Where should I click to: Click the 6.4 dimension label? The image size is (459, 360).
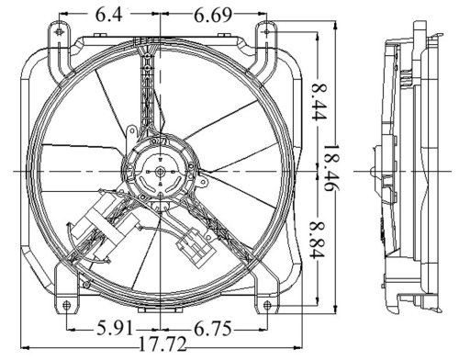(109, 15)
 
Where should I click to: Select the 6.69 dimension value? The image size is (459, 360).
(213, 15)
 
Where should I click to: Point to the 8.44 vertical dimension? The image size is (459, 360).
(319, 101)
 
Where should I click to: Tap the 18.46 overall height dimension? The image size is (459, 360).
(332, 167)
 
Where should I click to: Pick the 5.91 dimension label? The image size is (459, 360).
(116, 329)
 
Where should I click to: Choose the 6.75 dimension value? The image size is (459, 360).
(212, 329)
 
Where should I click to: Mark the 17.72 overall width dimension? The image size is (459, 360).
(162, 344)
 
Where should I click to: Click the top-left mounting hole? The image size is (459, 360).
(59, 31)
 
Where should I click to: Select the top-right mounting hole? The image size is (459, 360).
(267, 31)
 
